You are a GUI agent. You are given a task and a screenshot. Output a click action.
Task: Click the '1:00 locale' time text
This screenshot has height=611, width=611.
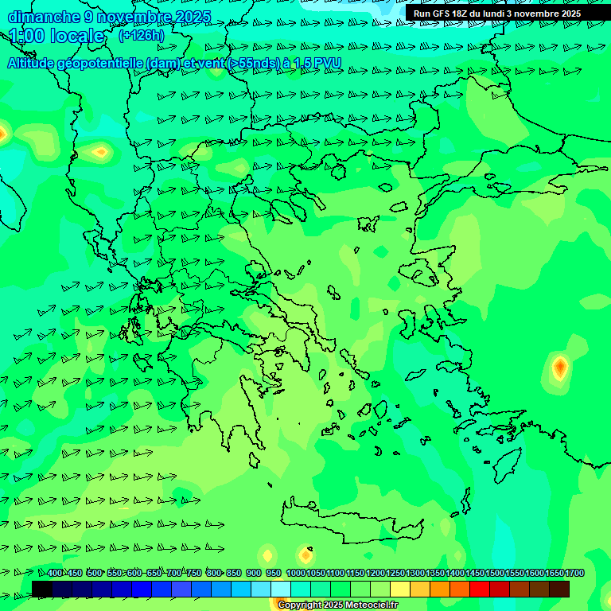[56, 36]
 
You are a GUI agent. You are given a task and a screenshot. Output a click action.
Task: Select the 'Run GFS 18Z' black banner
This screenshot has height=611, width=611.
[497, 13]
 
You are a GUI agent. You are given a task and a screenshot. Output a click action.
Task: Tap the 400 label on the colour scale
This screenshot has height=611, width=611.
[54, 573]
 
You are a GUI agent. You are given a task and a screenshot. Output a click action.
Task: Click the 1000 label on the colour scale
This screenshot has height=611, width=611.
[295, 573]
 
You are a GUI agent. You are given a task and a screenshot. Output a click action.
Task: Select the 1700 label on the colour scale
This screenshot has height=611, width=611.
[574, 573]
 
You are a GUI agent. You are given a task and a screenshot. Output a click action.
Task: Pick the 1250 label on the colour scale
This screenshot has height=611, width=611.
[395, 573]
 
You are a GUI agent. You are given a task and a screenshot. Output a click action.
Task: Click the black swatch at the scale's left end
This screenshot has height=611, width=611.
[42, 589]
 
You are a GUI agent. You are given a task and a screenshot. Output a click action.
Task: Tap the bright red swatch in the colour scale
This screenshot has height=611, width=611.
[480, 589]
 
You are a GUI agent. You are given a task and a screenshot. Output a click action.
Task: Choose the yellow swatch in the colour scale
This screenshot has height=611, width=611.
[400, 589]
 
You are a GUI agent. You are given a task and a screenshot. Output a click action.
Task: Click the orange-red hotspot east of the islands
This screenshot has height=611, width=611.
[560, 368]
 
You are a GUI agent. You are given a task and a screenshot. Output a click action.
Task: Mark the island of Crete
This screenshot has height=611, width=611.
[350, 521]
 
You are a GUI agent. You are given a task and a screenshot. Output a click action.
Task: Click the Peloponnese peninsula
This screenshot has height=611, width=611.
[239, 398]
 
